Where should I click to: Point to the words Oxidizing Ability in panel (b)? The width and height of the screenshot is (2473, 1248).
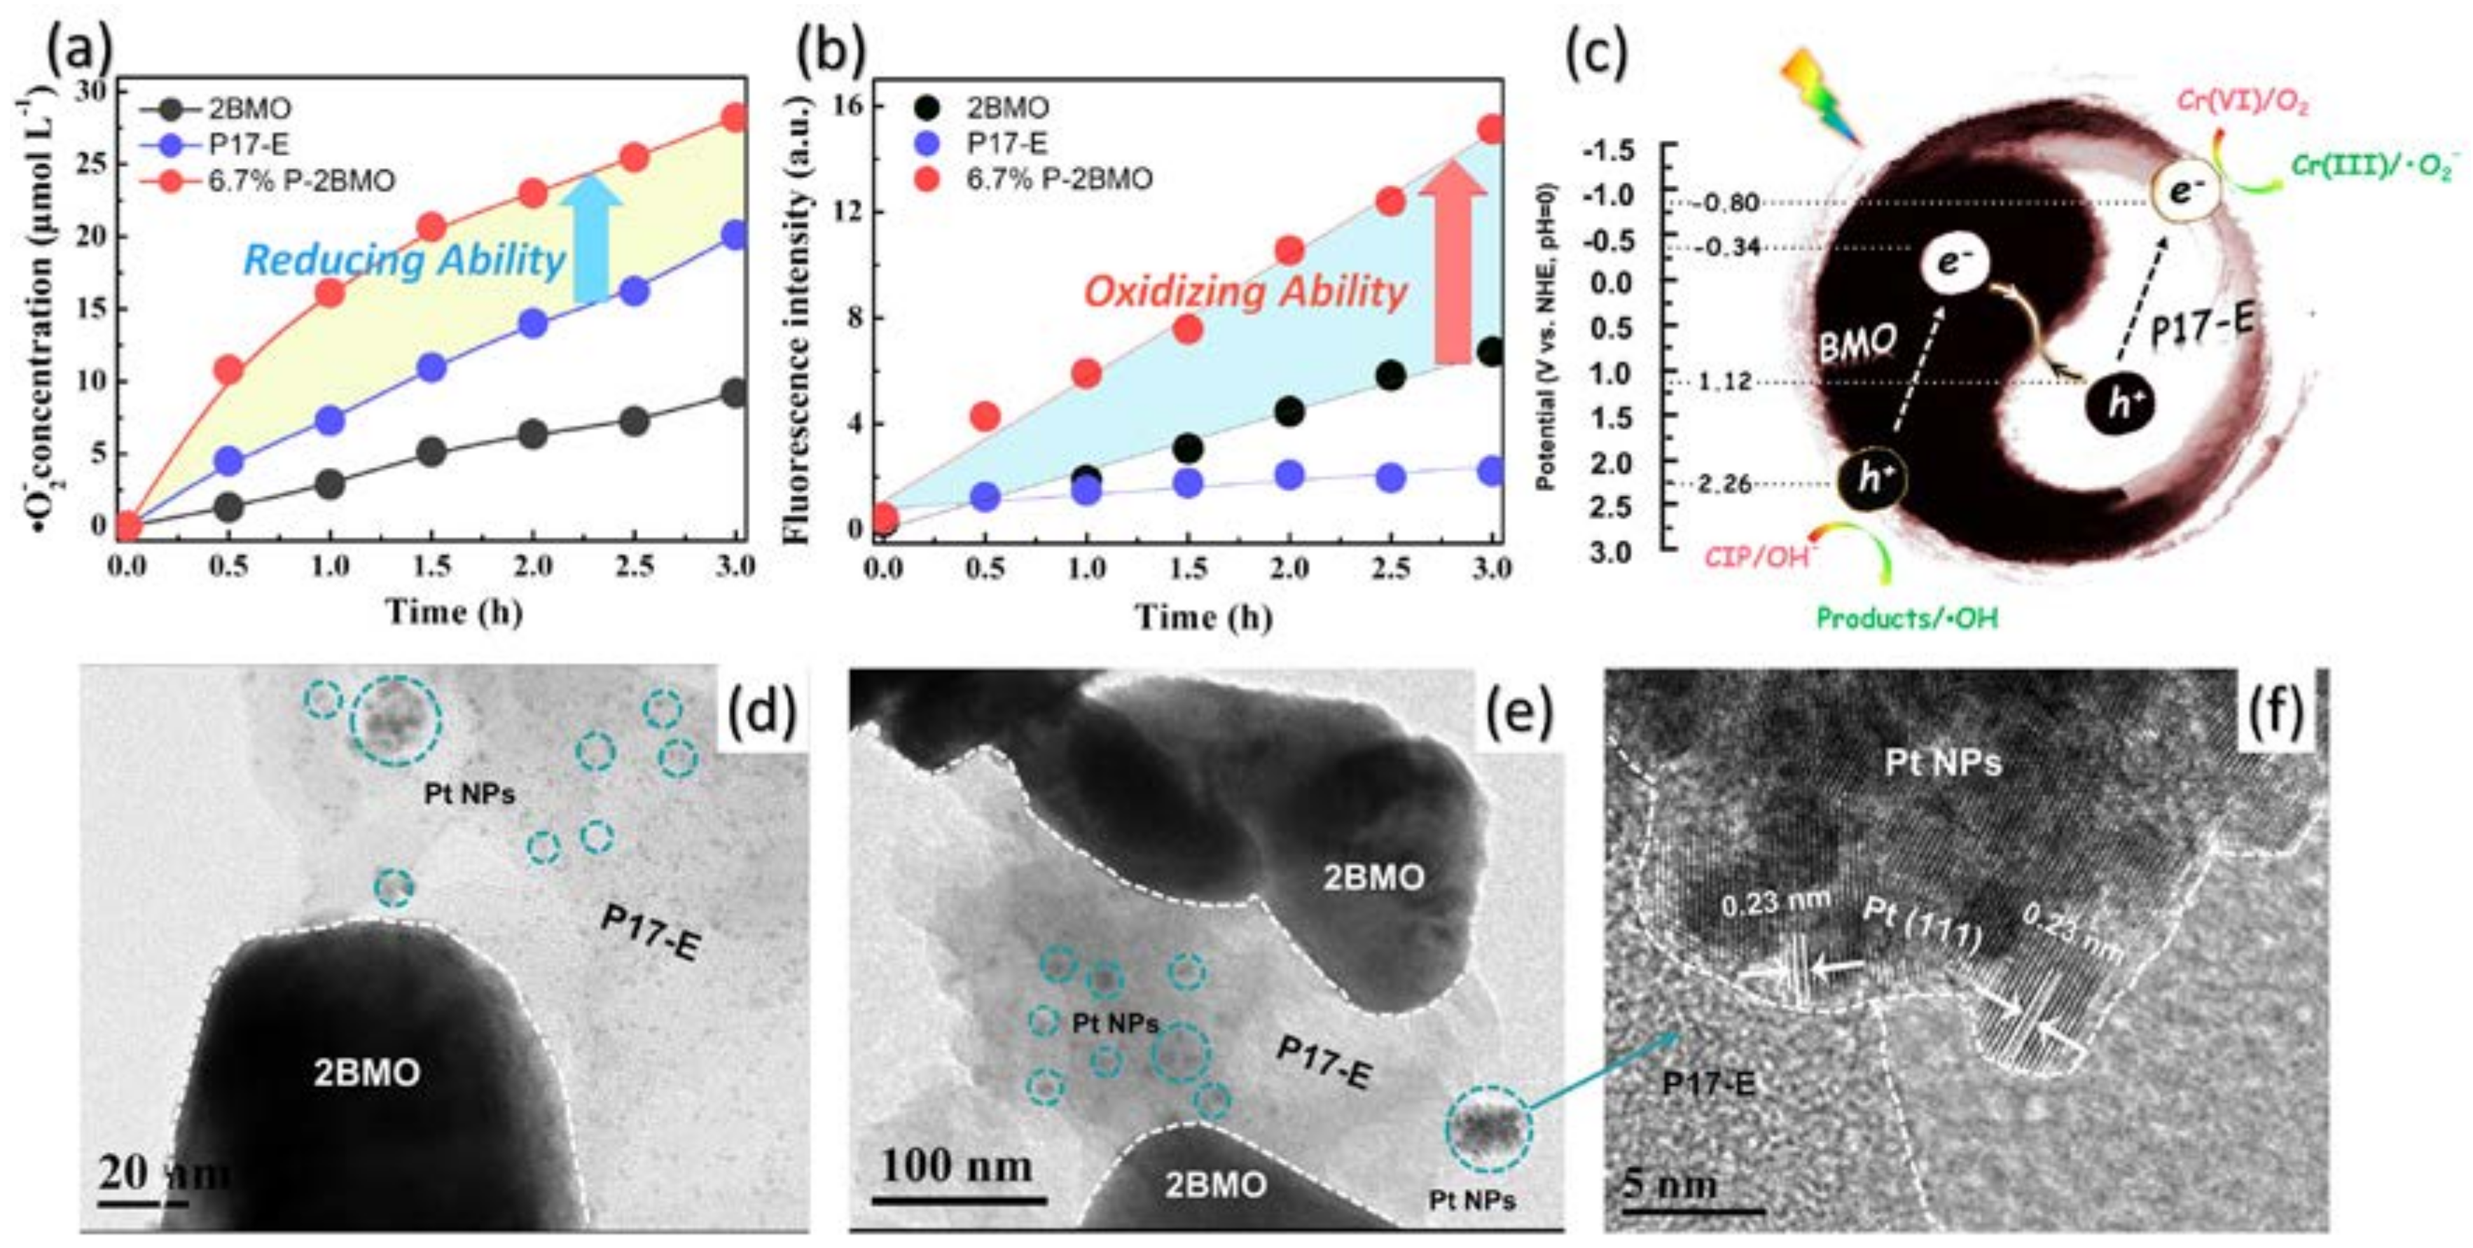pyautogui.click(x=1245, y=291)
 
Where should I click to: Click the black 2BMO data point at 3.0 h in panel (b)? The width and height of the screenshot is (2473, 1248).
pyautogui.click(x=1490, y=352)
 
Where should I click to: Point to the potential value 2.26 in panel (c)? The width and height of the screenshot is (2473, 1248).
pyautogui.click(x=1725, y=484)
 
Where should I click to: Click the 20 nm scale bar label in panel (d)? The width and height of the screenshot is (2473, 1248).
pyautogui.click(x=163, y=1173)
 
